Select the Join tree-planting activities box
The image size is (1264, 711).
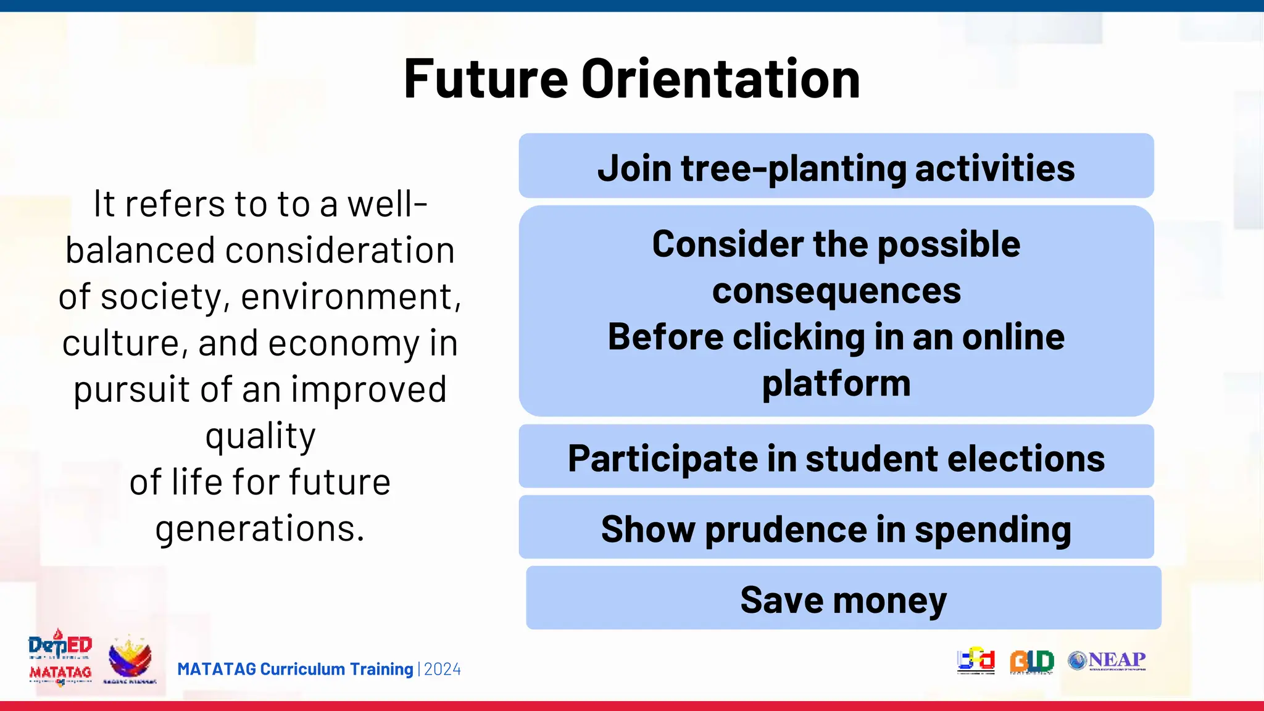click(836, 167)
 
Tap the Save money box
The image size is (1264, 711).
click(843, 599)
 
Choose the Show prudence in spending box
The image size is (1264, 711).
click(836, 528)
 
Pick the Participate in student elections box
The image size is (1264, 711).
click(836, 457)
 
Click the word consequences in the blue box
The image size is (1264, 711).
click(836, 291)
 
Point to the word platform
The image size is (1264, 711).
click(836, 383)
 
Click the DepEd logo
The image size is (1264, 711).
click(60, 646)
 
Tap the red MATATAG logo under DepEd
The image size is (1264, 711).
click(60, 672)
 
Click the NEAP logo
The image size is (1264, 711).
click(1107, 660)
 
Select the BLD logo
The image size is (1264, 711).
click(1031, 661)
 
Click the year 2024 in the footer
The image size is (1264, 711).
click(442, 670)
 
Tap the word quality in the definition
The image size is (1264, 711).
click(260, 436)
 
